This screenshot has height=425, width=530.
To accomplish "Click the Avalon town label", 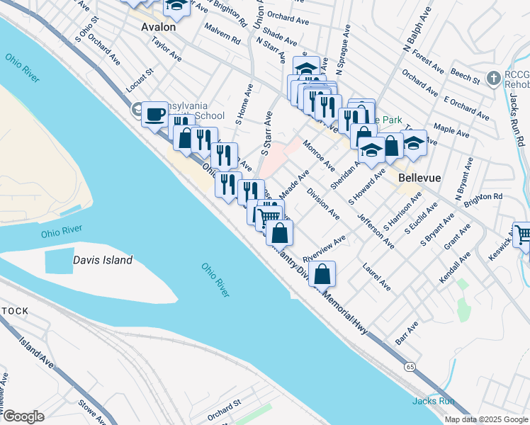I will pyautogui.click(x=158, y=26).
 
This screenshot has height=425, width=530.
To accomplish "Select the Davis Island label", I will pyautogui.click(x=103, y=260).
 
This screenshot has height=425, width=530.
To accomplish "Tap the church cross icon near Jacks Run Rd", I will pyautogui.click(x=495, y=76).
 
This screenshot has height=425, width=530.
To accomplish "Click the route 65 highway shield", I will pyautogui.click(x=410, y=366).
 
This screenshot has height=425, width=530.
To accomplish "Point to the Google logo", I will pyautogui.click(x=23, y=416).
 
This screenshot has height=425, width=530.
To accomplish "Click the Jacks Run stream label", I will pyautogui.click(x=433, y=401).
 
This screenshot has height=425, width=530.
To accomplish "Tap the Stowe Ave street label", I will pyautogui.click(x=92, y=413).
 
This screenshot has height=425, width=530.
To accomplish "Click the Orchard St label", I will pyautogui.click(x=225, y=409).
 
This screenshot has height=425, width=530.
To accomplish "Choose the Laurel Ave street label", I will pyautogui.click(x=376, y=278).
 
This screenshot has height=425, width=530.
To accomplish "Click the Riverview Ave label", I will pyautogui.click(x=324, y=249).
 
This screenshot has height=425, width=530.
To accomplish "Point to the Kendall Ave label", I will pyautogui.click(x=454, y=268).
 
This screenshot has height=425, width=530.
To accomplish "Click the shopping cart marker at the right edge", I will pyautogui.click(x=523, y=235).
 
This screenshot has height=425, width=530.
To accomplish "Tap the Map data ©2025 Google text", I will pyautogui.click(x=486, y=419).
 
